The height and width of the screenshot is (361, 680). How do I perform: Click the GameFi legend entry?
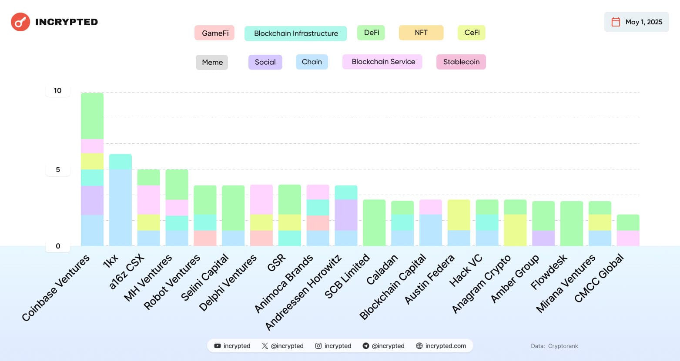(214, 33)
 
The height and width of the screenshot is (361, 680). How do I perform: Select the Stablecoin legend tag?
(461, 62)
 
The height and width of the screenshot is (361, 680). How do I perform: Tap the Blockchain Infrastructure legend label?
(295, 33)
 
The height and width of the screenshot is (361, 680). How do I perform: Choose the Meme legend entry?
(212, 62)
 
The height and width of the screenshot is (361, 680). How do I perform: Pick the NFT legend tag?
(421, 33)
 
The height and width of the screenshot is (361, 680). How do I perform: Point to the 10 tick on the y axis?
(57, 90)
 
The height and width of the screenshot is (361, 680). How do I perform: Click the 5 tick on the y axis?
(57, 169)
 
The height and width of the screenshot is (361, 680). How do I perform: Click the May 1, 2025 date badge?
(636, 22)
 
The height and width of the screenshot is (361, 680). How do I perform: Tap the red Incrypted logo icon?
(20, 22)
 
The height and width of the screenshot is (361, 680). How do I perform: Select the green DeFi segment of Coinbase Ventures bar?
(92, 116)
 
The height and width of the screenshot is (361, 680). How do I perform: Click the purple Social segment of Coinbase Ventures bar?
(92, 200)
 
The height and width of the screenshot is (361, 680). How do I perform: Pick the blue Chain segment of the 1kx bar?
(121, 208)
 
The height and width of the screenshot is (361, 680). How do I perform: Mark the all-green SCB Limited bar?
(374, 223)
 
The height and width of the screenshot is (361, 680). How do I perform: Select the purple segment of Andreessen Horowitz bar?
(346, 215)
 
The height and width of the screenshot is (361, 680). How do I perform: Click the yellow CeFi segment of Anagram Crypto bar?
(515, 230)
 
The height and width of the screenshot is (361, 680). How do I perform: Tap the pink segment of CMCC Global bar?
(628, 238)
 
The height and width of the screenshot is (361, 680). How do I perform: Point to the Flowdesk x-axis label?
(549, 272)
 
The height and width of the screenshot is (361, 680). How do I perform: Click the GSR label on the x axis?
(277, 263)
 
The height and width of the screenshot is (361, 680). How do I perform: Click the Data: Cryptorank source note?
(554, 346)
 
